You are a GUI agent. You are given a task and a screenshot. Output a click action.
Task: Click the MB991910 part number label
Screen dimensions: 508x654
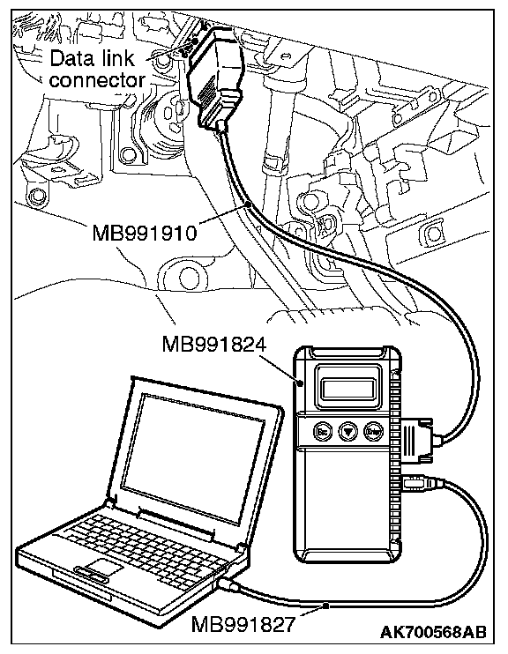[x=144, y=233]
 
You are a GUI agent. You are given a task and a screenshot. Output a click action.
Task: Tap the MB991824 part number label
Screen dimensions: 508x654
[x=213, y=346]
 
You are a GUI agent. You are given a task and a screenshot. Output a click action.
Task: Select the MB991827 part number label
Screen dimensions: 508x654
[x=243, y=624]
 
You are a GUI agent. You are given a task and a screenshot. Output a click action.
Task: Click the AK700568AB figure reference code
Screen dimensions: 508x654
[x=433, y=632]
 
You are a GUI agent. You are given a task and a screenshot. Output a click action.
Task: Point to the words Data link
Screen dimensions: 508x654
[x=93, y=58]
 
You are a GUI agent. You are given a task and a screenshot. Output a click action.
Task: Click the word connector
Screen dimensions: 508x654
[x=97, y=80]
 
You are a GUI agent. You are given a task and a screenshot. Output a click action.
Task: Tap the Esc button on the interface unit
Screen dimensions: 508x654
[x=323, y=431]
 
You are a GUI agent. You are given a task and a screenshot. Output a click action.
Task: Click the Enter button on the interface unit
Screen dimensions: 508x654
[x=374, y=431]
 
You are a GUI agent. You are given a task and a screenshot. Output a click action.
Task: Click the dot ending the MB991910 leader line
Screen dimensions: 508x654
[x=249, y=204]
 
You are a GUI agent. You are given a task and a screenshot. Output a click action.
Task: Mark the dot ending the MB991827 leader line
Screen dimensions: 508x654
[x=327, y=606]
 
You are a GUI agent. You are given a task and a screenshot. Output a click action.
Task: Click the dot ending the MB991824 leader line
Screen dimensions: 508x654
[x=302, y=382]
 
